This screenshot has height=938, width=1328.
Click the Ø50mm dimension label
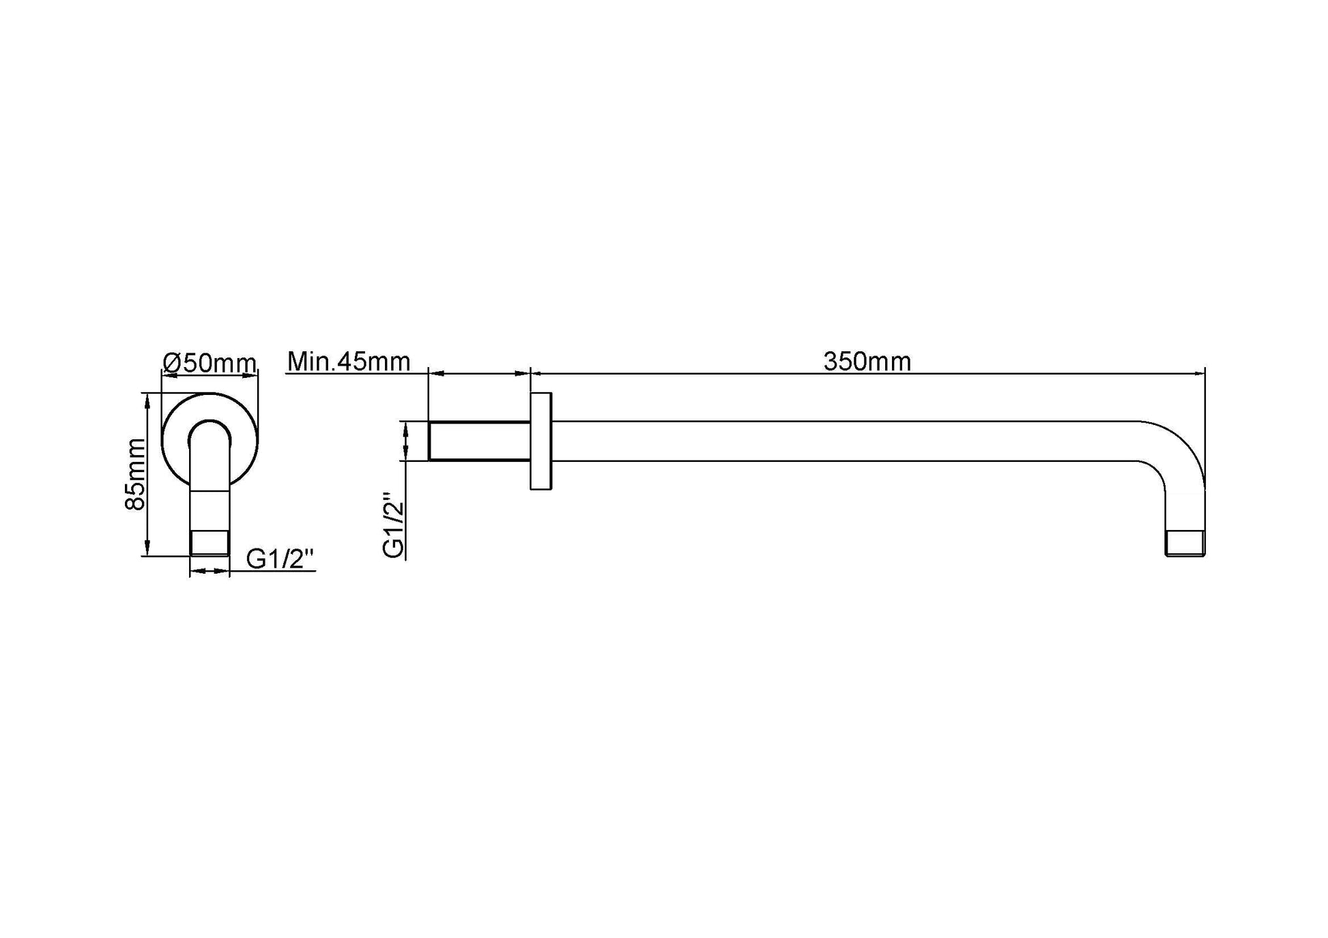click(x=210, y=362)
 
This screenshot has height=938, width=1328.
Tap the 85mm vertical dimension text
click(x=136, y=474)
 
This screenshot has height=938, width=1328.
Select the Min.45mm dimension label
click(x=349, y=361)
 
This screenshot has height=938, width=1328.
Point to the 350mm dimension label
click(x=867, y=361)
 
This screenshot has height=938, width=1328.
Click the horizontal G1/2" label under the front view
click(x=280, y=559)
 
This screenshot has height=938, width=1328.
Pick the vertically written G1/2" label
click(x=394, y=525)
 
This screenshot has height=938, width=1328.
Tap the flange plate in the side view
click(x=540, y=441)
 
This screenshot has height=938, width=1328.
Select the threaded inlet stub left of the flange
click(x=479, y=441)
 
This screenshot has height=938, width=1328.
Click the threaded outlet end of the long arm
click(x=1185, y=544)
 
